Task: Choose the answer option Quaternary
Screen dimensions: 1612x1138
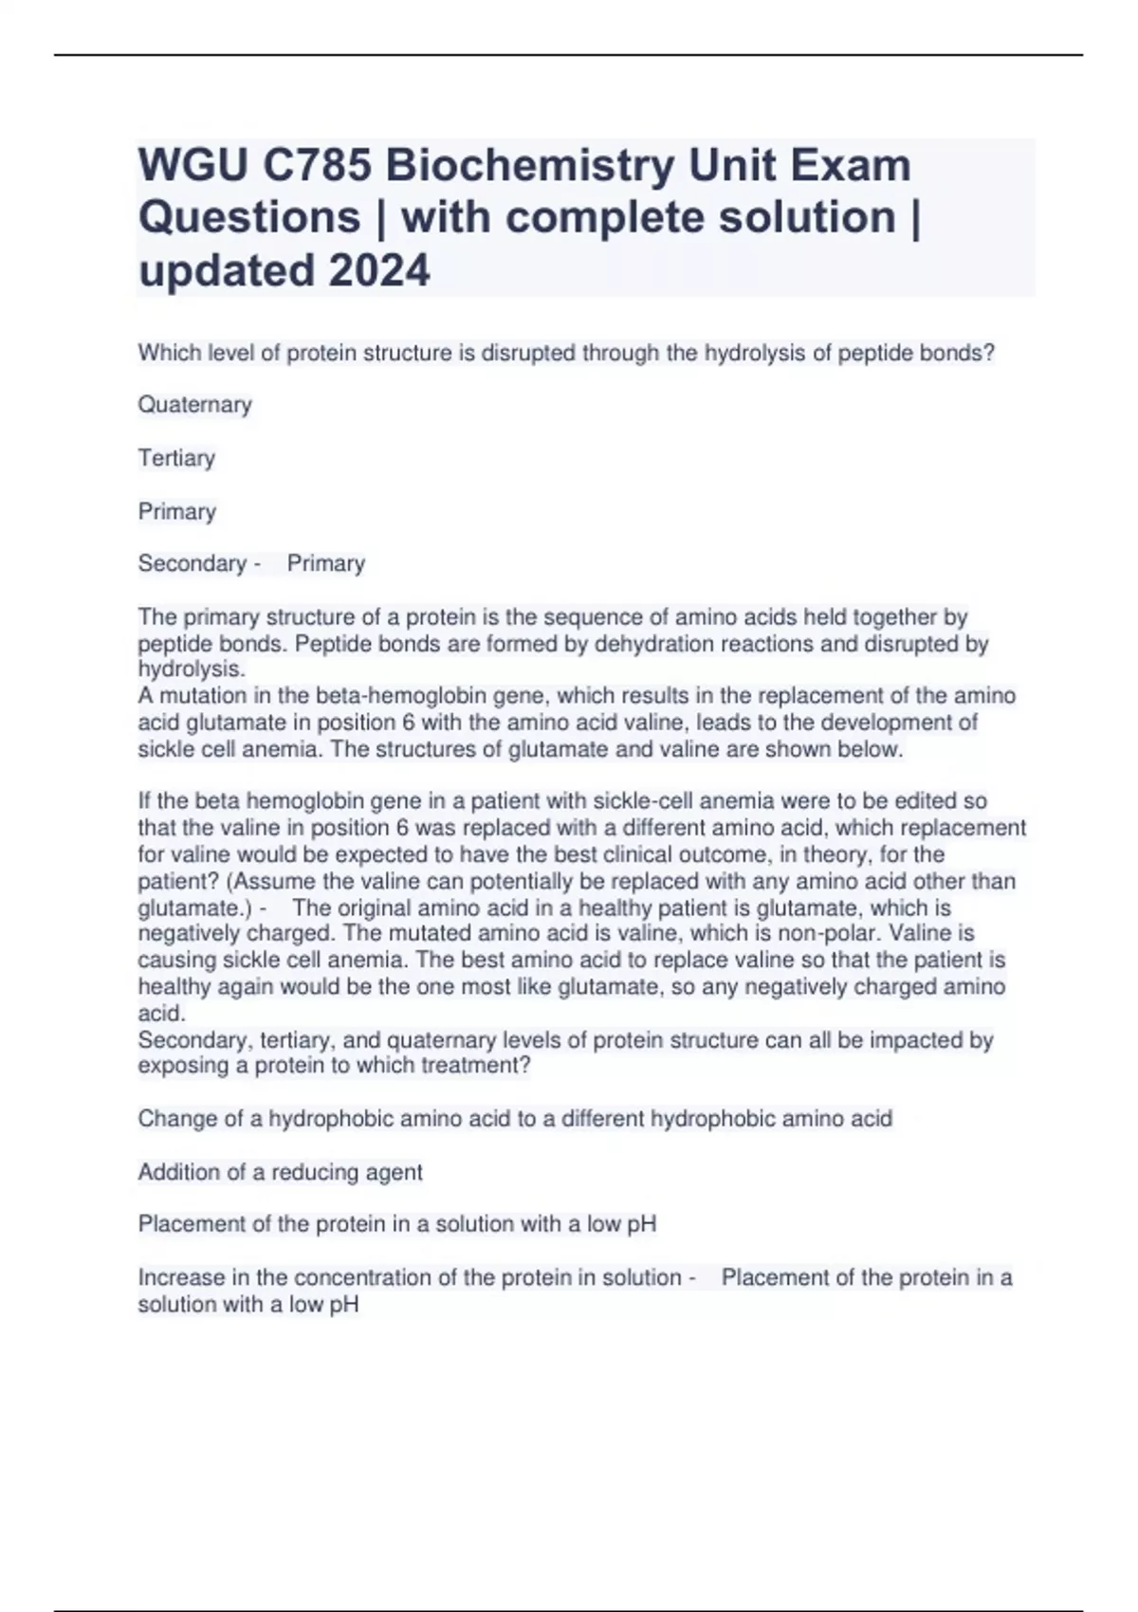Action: tap(194, 405)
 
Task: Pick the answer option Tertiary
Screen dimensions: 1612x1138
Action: tap(176, 458)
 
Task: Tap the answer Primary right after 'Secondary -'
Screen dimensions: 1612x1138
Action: tap(326, 563)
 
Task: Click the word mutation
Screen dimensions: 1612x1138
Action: tap(187, 696)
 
